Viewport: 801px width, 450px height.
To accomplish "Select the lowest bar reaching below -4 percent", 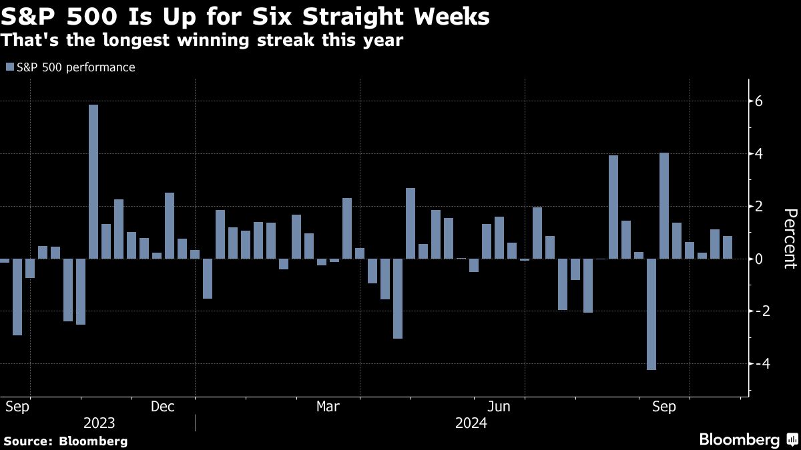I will (x=651, y=314).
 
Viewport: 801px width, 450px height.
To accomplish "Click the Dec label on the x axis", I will (x=163, y=406).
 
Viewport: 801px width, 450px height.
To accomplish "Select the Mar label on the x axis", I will (x=328, y=406).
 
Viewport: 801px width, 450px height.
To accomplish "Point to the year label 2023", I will (x=99, y=423).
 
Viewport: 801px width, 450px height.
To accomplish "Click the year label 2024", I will (x=471, y=423).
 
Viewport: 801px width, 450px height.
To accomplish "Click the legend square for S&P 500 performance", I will (x=9, y=67).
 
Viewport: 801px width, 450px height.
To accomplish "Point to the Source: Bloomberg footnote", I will (x=65, y=441).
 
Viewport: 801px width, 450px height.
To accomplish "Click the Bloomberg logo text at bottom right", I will (x=739, y=439).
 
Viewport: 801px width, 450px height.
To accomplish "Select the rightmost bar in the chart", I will (x=728, y=247).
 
